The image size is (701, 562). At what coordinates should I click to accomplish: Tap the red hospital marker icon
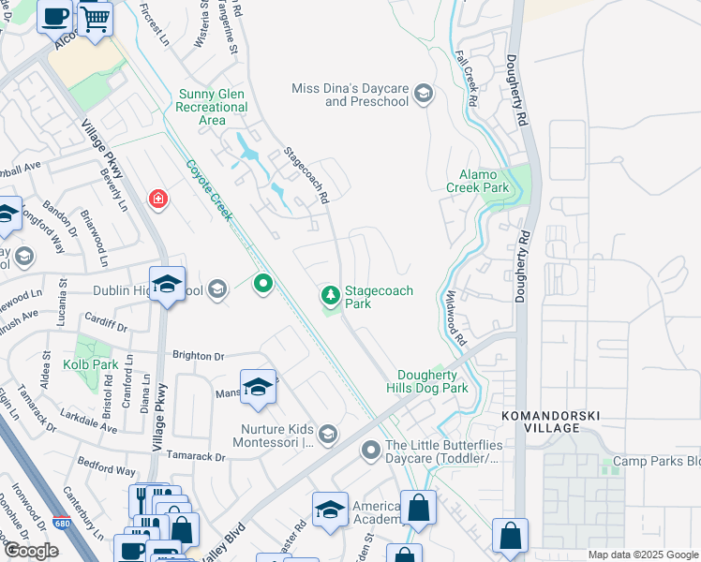158,200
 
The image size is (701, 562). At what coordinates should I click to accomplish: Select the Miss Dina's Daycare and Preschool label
351,94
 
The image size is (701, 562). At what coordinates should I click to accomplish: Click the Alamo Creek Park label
484,181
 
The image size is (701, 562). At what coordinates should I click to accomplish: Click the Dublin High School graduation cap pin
167,285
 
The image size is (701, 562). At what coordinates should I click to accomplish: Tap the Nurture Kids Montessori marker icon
328,433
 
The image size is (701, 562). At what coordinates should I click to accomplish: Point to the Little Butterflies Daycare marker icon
371,451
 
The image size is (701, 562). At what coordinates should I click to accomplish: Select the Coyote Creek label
208,191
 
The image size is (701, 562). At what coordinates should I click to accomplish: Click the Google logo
31,551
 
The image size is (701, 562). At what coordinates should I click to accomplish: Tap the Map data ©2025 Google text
643,555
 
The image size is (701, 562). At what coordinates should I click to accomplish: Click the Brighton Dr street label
199,356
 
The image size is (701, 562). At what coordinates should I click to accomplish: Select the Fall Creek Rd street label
468,79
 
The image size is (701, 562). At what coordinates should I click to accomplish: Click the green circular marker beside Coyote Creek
263,281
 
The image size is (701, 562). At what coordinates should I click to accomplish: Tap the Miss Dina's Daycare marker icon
424,94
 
